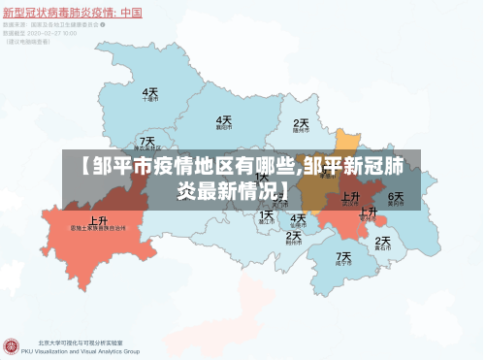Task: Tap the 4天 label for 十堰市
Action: coord(150,91)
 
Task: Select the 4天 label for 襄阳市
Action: coord(224,119)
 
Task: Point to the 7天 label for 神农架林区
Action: coord(146,142)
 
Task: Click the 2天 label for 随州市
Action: coord(301,123)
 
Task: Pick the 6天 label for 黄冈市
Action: coord(396,197)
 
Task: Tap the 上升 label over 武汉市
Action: coord(350,197)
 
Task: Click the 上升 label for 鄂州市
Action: coord(369,212)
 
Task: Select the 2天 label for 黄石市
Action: coord(383,241)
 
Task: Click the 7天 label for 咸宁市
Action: coord(343,257)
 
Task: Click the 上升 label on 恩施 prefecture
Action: coord(99,220)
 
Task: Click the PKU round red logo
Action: coord(13,344)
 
